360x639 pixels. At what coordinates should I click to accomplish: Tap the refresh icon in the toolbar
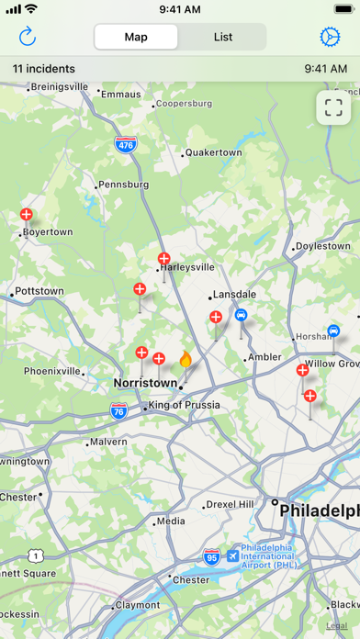27,37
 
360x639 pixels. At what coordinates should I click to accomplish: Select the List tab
222,38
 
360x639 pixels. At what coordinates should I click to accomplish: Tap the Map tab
136,38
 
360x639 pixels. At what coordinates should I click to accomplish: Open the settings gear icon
329,37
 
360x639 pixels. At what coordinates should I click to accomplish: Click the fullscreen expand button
333,107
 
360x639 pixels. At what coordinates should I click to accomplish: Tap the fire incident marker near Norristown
185,359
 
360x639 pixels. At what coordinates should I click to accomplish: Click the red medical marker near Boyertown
27,215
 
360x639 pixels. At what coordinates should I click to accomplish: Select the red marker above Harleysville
163,259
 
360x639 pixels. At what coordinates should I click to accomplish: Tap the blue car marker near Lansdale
241,314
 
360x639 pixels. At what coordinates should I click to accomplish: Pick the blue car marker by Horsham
333,331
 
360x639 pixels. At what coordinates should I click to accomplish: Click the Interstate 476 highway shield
126,144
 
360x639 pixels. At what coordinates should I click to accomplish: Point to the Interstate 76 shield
118,411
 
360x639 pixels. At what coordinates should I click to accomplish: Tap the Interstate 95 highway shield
211,556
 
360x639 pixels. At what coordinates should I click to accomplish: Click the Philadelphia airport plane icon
233,555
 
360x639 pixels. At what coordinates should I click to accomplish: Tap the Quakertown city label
214,153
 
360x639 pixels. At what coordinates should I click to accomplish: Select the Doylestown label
322,246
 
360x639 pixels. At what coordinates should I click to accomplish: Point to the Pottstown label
39,291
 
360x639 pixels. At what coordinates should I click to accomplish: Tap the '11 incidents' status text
43,68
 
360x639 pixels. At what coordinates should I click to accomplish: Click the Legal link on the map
336,624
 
